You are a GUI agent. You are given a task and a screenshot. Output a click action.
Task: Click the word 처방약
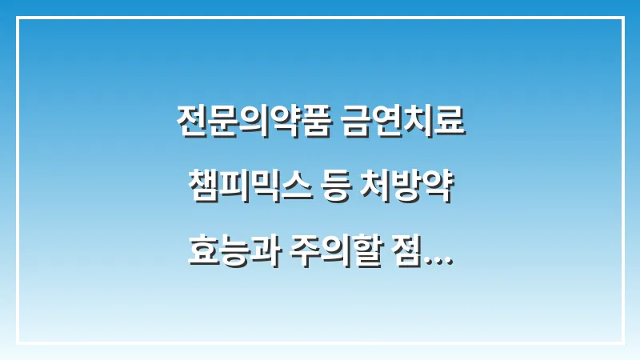416,192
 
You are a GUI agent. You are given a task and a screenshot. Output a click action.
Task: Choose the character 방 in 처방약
416,192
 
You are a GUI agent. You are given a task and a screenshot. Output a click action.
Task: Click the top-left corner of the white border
18,18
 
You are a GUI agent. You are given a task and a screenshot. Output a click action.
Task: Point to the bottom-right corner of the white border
622,342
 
